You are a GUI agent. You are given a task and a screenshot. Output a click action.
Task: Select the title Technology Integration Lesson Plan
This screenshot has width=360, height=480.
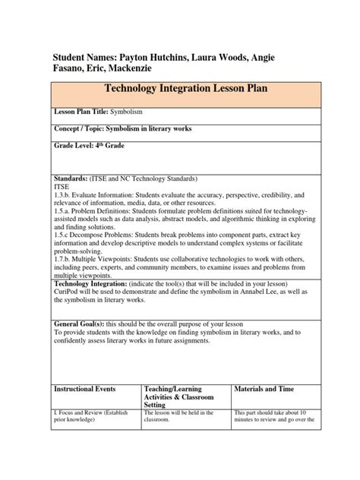pyautogui.click(x=181, y=89)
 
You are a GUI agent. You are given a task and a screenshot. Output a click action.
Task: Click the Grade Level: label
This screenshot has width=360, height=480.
pyautogui.click(x=75, y=145)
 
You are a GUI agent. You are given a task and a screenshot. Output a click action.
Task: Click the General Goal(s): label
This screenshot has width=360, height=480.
pyautogui.click(x=81, y=335)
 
